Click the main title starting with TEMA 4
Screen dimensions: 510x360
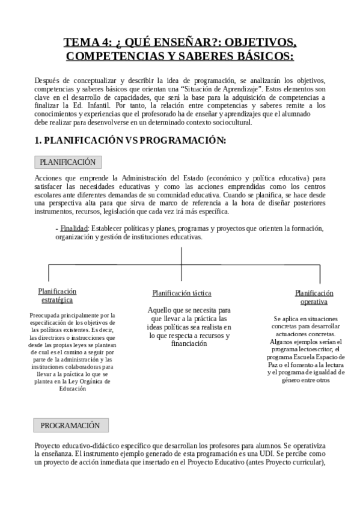pyautogui.click(x=180, y=49)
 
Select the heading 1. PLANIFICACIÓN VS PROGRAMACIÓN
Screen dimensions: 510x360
pyautogui.click(x=130, y=141)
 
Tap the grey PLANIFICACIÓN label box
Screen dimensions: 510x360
pyautogui.click(x=67, y=162)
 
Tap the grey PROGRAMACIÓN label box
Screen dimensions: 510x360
pyautogui.click(x=70, y=425)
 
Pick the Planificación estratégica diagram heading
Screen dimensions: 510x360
pyautogui.click(x=57, y=295)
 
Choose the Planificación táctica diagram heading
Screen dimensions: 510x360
pyautogui.click(x=182, y=293)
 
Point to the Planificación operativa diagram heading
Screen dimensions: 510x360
pyautogui.click(x=314, y=297)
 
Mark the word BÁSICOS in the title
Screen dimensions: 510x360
pyautogui.click(x=258, y=57)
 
